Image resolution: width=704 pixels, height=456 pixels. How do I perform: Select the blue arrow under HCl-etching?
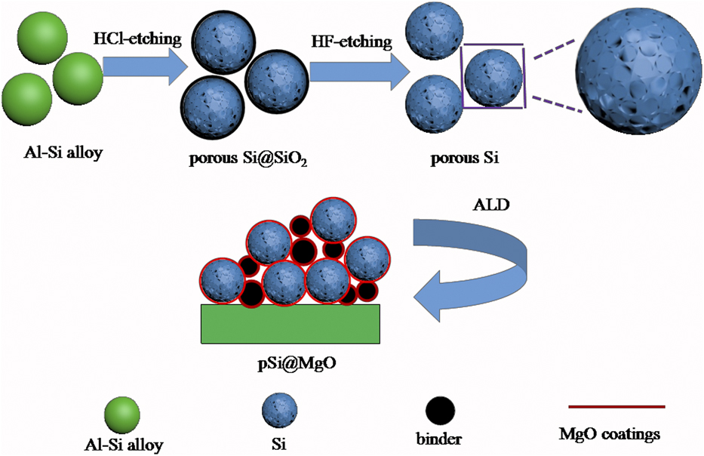[x=142, y=69]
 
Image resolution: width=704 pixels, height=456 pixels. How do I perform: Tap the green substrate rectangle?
[x=291, y=323]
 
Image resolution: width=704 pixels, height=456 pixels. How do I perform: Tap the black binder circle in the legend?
[x=439, y=410]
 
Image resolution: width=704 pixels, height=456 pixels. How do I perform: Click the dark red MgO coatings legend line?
[x=610, y=407]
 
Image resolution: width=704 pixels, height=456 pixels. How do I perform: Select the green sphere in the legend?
[x=121, y=412]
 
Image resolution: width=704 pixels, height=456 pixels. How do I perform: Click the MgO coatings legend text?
[x=609, y=434]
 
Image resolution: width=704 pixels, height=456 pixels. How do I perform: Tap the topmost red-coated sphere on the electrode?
[x=334, y=219]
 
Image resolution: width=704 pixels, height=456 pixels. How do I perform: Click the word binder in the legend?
[x=438, y=438]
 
